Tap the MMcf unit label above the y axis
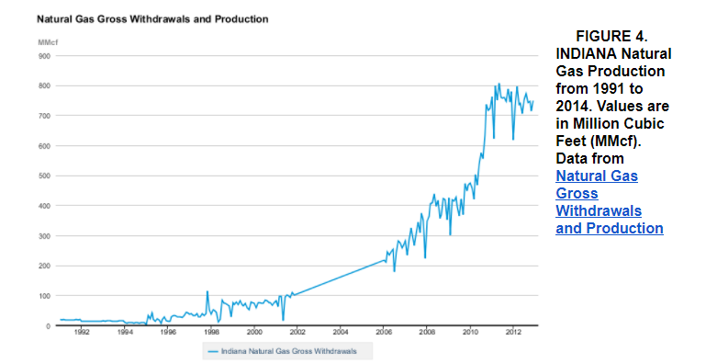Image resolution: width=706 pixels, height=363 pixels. [x=48, y=42]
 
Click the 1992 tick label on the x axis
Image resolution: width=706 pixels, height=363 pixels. [x=81, y=333]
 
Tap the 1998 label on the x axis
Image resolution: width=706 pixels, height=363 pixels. [x=211, y=333]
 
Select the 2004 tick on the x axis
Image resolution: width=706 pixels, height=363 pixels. [x=341, y=333]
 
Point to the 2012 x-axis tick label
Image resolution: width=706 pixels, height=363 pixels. [x=513, y=333]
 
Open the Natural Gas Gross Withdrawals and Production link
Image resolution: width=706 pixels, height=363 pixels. [x=609, y=201]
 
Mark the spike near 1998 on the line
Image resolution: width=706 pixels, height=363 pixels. [x=207, y=292]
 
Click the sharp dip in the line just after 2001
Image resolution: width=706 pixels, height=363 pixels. [x=283, y=319]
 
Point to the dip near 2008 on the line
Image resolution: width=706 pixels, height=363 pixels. [x=424, y=257]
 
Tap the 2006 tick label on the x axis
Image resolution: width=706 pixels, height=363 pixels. [x=384, y=333]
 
